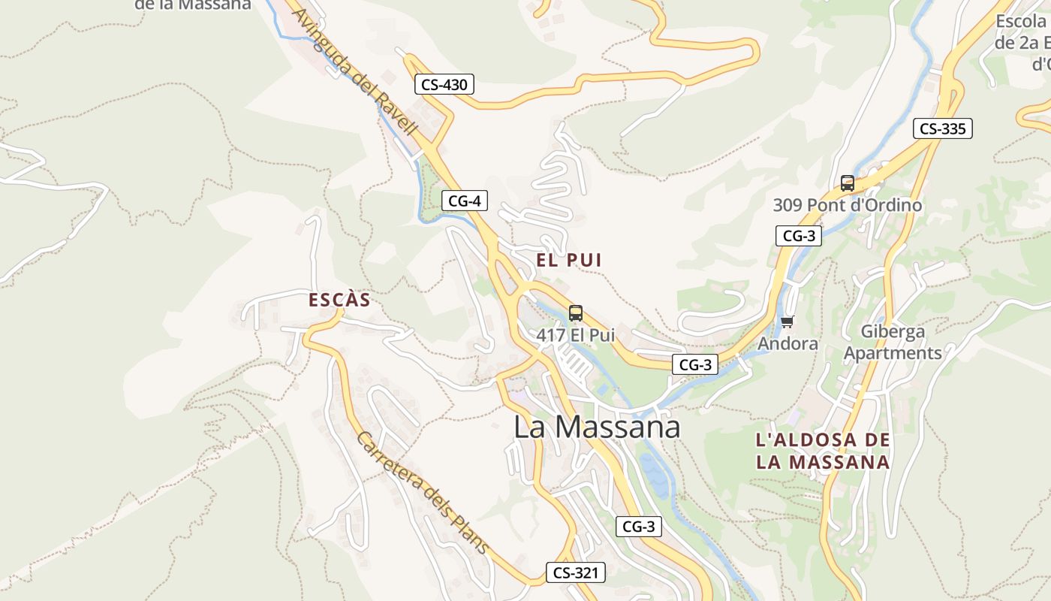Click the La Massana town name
pyautogui.click(x=597, y=427)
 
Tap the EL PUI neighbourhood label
pyautogui.click(x=569, y=260)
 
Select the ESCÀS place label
pyautogui.click(x=339, y=300)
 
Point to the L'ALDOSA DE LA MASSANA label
pyautogui.click(x=823, y=451)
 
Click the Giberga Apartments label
pyautogui.click(x=893, y=342)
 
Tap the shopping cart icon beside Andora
pyautogui.click(x=787, y=322)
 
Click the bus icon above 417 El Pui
pyautogui.click(x=576, y=313)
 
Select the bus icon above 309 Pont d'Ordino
pyautogui.click(x=848, y=183)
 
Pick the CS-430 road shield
pyautogui.click(x=444, y=84)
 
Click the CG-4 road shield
pyautogui.click(x=465, y=201)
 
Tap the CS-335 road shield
pyautogui.click(x=942, y=128)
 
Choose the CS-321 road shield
pyautogui.click(x=575, y=572)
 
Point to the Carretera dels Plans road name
pyautogui.click(x=422, y=493)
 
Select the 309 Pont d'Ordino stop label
pyautogui.click(x=848, y=204)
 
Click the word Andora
pyautogui.click(x=787, y=343)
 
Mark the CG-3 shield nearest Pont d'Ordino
pyautogui.click(x=799, y=236)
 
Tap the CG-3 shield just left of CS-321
pyautogui.click(x=639, y=527)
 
